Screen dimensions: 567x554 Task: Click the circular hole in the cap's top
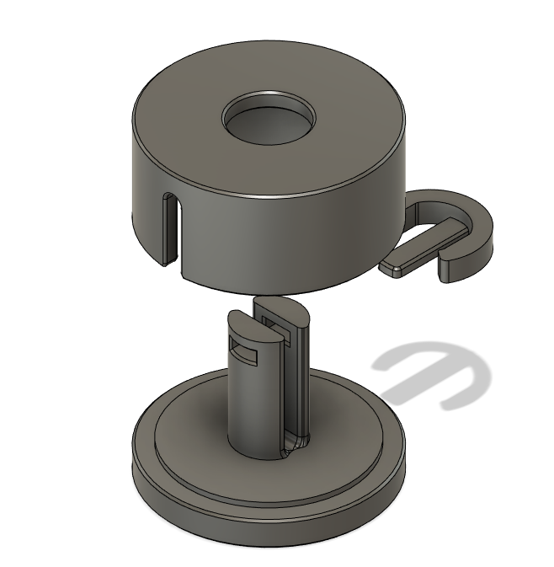pyautogui.click(x=268, y=120)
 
